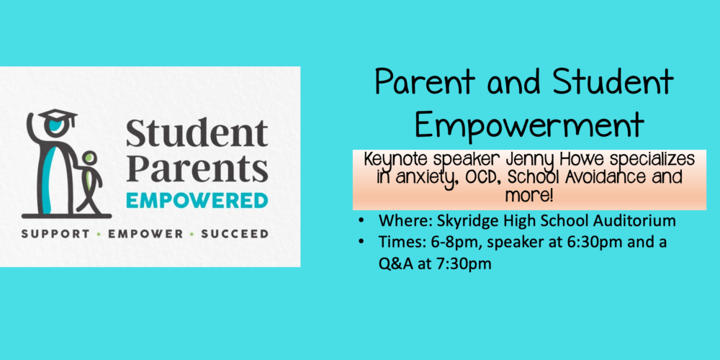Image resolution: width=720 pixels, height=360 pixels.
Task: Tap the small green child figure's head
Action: [x=90, y=158]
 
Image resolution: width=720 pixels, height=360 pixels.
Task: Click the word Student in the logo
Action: [x=197, y=133]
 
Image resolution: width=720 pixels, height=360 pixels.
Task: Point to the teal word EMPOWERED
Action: [x=197, y=201]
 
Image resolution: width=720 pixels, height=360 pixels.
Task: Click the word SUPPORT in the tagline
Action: [x=55, y=234]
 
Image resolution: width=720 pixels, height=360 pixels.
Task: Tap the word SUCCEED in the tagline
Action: [x=235, y=234]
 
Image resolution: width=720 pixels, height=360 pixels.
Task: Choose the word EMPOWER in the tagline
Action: [x=145, y=234]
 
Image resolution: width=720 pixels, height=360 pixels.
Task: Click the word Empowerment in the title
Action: [x=529, y=123]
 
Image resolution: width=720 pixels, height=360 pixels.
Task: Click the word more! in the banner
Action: [x=529, y=196]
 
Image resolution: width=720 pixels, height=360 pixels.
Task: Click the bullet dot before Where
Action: [x=362, y=221]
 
